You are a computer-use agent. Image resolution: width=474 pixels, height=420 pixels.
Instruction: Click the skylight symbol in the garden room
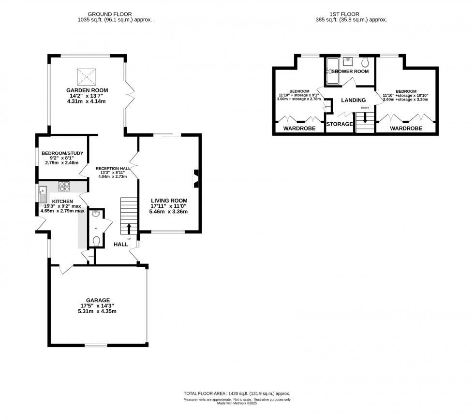point(88,76)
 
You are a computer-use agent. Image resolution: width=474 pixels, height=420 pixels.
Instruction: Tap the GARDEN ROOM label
point(87,90)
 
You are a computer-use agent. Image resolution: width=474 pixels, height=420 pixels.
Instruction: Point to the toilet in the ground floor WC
point(96,240)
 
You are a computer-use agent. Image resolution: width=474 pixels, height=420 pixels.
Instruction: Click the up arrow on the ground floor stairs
point(129,229)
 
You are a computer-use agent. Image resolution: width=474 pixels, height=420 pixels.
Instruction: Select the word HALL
point(121,245)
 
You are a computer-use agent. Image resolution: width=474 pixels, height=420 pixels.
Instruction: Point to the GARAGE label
point(98,300)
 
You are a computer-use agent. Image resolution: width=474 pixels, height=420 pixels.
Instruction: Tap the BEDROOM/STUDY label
point(62,153)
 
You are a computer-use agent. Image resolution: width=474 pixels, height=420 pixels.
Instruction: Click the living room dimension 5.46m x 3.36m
point(169,212)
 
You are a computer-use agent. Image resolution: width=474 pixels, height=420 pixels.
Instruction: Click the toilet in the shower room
point(365,62)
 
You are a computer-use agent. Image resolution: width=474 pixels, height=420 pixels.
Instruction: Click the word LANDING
point(353,101)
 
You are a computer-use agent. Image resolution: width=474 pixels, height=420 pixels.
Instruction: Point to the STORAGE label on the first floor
point(340,124)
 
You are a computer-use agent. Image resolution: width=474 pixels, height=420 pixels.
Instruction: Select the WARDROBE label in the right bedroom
point(406,129)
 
